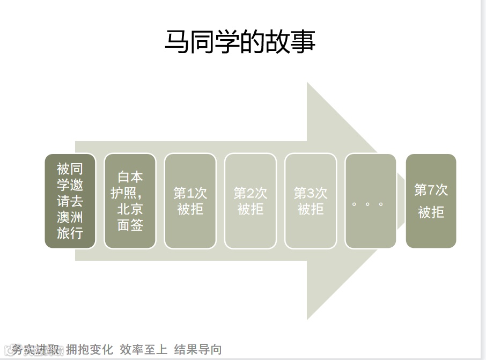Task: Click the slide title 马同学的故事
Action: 239,41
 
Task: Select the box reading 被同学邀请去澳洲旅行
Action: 70,201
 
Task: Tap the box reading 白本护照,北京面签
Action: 130,201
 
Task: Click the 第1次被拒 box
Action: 190,201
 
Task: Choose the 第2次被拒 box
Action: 250,201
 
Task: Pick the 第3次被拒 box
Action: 310,201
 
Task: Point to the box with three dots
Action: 370,201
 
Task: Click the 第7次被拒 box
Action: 431,201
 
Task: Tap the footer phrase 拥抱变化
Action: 90,350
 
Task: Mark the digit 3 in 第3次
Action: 311,193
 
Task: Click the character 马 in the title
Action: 176,42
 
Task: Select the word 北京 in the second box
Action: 130,209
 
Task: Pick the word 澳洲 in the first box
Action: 70,217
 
